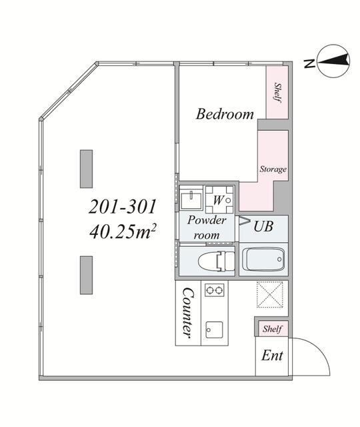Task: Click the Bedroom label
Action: [225, 114]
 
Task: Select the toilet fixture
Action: [217, 261]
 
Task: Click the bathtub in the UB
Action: [263, 259]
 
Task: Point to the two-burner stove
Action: [215, 290]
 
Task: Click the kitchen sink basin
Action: [214, 330]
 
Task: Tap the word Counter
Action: [188, 313]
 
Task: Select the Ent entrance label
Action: [272, 356]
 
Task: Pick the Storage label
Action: [273, 169]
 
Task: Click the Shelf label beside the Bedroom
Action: [277, 93]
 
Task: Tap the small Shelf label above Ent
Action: [272, 329]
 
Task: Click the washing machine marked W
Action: [219, 199]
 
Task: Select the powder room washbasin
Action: [191, 197]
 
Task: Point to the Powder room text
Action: [207, 228]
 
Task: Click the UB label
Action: [263, 226]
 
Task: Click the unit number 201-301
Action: [123, 207]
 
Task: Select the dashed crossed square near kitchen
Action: [269, 295]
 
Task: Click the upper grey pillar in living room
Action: [86, 169]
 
